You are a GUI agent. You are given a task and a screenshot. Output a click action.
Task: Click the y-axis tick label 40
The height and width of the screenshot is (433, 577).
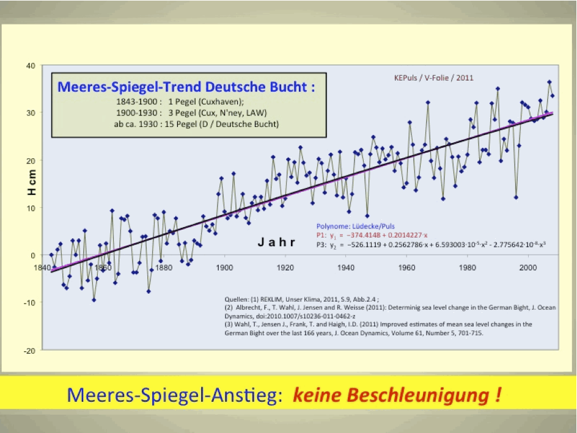29,65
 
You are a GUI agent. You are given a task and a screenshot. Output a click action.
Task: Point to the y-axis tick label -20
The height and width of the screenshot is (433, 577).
28,350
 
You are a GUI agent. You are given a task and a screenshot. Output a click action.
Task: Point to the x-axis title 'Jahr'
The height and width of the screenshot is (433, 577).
276,242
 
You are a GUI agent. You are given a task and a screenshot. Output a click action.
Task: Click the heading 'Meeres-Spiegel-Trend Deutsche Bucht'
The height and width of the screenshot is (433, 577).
186,86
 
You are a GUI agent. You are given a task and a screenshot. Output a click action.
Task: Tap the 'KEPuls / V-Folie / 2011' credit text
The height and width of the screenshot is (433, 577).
434,78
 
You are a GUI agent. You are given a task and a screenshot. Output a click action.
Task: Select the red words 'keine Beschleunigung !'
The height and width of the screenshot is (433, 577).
398,395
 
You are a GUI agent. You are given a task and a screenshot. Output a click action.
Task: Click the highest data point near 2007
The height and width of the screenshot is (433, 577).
549,82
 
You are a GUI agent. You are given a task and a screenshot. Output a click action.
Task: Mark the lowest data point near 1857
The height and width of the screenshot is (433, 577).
94,300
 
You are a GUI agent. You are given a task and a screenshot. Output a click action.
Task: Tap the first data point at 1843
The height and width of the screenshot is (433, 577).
51,255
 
